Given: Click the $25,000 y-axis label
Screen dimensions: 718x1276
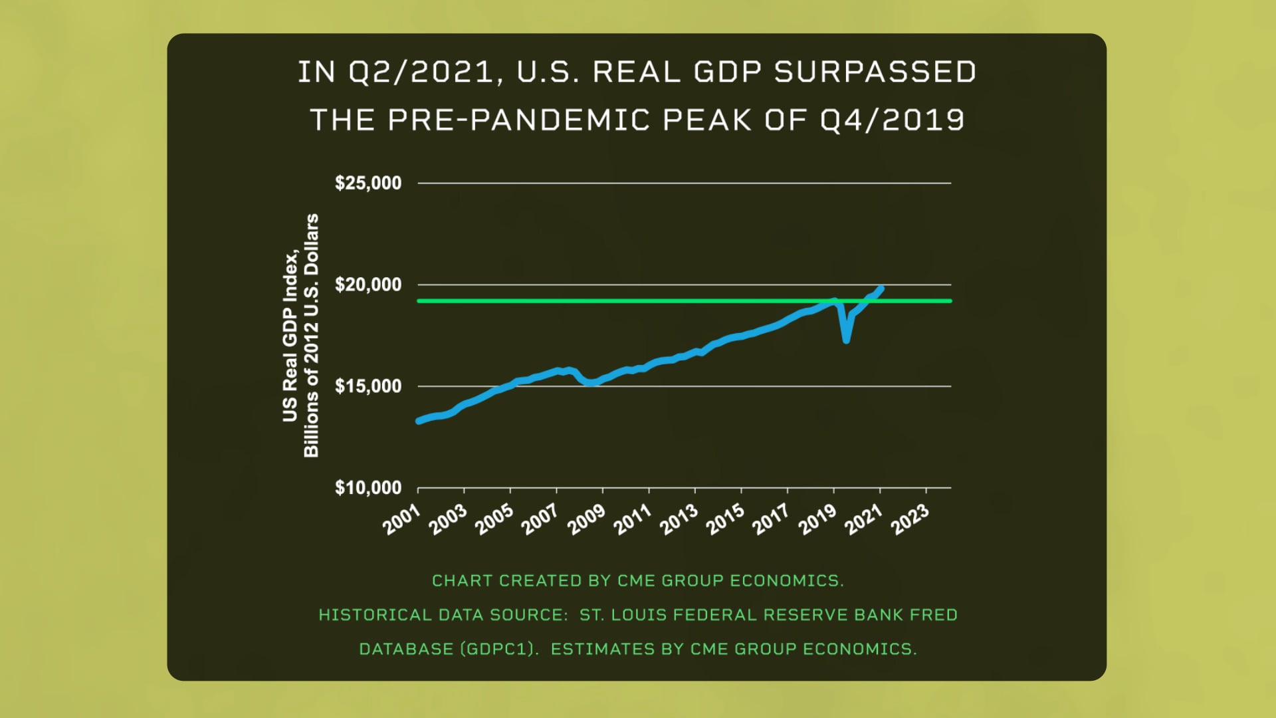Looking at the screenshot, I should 368,183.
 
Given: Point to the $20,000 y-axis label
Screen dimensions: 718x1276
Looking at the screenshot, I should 368,285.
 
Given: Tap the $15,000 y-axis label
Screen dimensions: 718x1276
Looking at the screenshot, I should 368,386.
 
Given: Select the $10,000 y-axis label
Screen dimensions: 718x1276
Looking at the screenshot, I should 368,488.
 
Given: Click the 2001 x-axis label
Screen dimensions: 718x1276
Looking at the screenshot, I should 401,519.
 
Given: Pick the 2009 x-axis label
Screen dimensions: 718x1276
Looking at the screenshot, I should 586,519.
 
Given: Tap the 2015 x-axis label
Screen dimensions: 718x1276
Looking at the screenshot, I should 725,519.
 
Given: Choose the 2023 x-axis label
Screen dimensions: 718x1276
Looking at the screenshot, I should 910,519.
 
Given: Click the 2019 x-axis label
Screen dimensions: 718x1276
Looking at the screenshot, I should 817,519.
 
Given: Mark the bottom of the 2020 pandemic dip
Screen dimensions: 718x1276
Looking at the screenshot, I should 846,340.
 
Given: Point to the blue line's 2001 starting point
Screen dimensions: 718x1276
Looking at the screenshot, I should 419,421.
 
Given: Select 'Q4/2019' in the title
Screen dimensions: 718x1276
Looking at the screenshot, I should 892,120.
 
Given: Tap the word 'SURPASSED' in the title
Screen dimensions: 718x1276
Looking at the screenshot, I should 875,72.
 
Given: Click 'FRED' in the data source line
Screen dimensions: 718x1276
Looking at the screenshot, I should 933,615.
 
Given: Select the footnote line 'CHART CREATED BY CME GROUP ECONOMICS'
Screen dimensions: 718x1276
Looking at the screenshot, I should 637,580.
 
